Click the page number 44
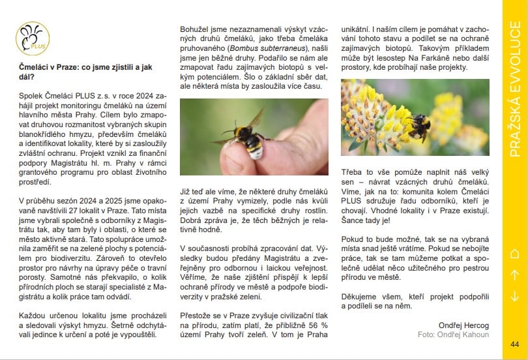515,344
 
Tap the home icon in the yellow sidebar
515,254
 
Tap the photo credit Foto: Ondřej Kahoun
452,334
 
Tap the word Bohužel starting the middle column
194,29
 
